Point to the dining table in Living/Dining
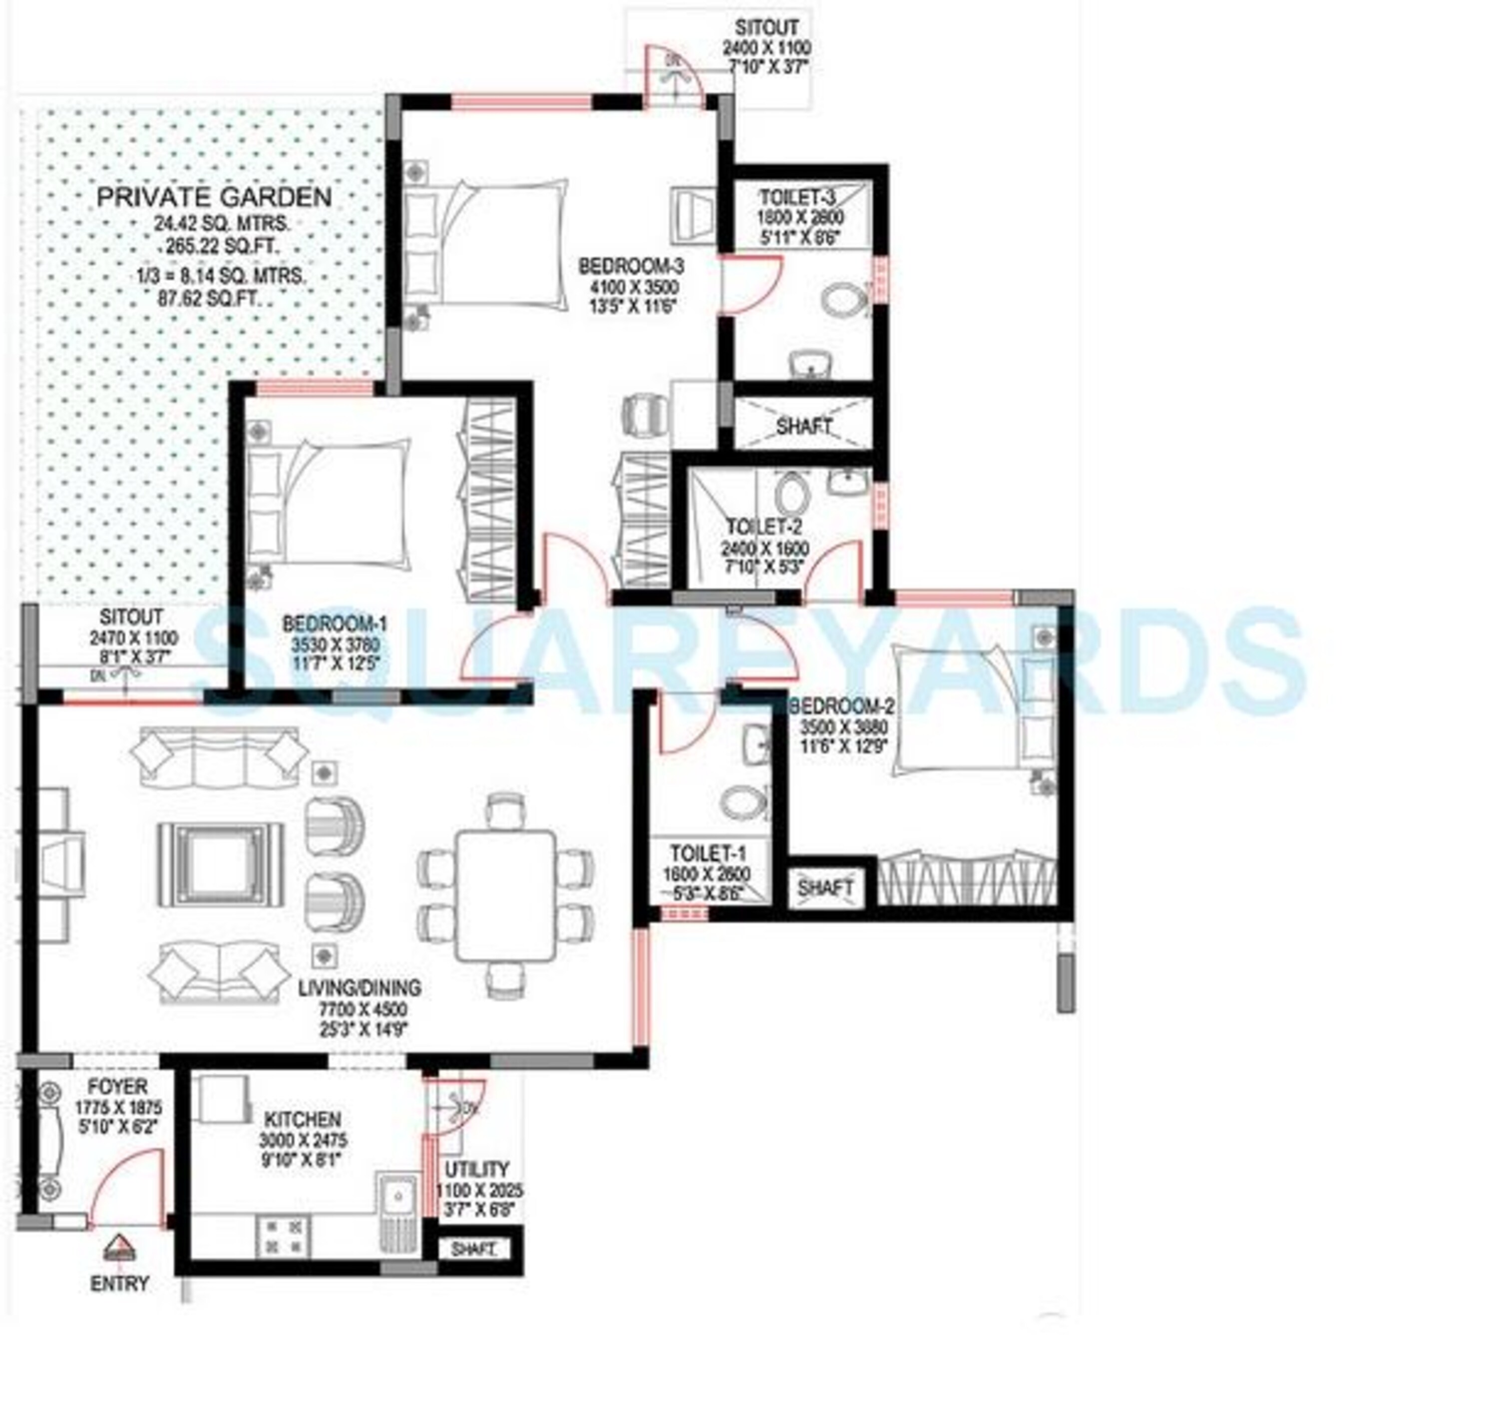[x=505, y=895]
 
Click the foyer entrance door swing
[x=125, y=1190]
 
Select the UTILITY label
[x=476, y=1169]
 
